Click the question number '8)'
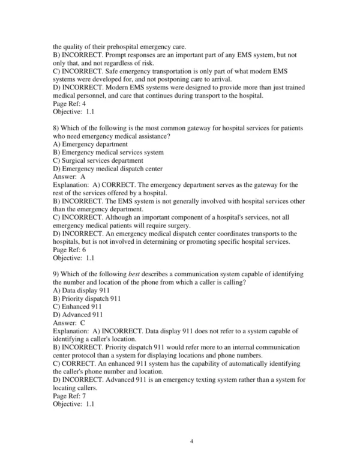pyautogui.click(x=57, y=128)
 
